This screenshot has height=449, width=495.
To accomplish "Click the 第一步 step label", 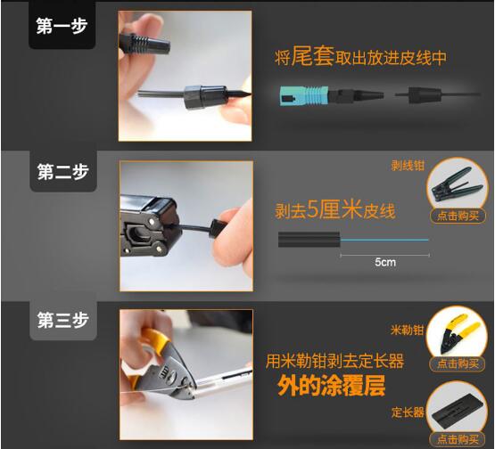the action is [x=62, y=26].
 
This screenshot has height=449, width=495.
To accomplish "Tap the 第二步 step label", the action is [x=62, y=172].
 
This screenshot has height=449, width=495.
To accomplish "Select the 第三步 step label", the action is [x=62, y=320].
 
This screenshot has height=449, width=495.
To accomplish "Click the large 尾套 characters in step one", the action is [x=312, y=56].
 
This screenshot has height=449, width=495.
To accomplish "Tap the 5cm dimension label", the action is [x=385, y=262].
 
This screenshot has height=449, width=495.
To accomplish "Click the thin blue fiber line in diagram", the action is [x=384, y=240].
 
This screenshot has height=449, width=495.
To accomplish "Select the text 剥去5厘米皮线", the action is [x=335, y=209].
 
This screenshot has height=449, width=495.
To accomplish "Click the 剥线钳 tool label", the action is [x=408, y=166].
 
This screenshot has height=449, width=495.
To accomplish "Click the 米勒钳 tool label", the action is [x=407, y=331].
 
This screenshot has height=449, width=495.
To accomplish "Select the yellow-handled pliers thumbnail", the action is [x=458, y=334].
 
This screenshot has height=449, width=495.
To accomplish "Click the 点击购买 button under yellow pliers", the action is [x=458, y=363].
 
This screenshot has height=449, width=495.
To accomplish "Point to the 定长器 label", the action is [x=408, y=412].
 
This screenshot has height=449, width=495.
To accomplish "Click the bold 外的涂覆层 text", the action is [x=331, y=386].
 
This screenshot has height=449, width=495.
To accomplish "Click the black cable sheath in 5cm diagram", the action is [x=309, y=240].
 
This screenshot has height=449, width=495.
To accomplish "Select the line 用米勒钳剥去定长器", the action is [x=334, y=361].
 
